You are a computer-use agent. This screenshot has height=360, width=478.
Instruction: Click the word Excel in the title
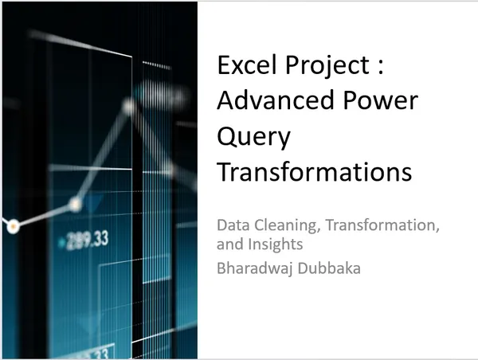tap(241, 65)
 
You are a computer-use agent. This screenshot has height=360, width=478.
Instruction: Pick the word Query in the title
tap(254, 138)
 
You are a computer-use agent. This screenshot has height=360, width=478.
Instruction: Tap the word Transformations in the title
tap(315, 172)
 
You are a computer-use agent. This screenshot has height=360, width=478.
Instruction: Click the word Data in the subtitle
tap(232, 225)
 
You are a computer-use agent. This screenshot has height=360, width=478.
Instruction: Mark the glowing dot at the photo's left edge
tap(13, 227)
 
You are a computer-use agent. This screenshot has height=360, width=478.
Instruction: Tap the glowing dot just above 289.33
tap(75, 205)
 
